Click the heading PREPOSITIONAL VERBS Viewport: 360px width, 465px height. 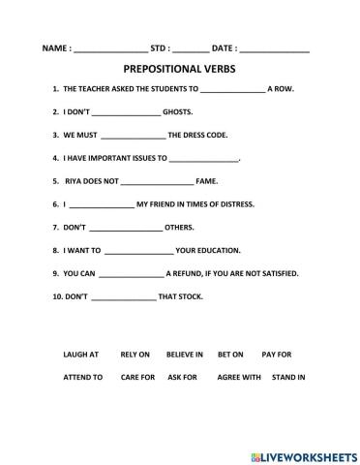pos(180,70)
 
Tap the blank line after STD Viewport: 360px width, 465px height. pos(191,48)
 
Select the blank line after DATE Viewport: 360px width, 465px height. pos(274,48)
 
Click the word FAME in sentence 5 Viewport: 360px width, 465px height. pos(206,181)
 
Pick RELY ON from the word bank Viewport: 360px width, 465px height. pos(135,355)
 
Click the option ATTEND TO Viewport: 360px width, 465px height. pos(83,377)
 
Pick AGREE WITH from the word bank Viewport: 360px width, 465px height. pos(239,377)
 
